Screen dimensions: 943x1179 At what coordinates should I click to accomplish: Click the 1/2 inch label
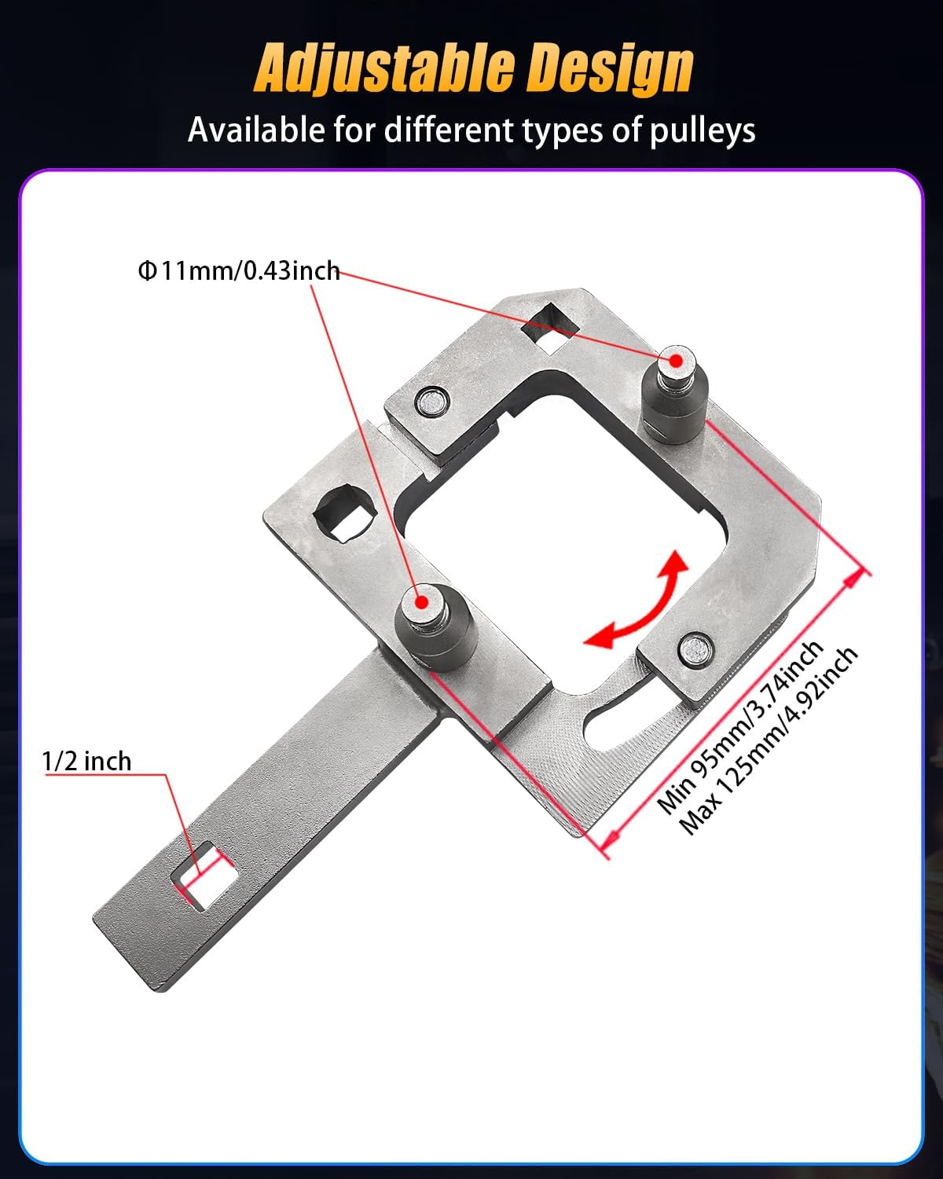point(86,761)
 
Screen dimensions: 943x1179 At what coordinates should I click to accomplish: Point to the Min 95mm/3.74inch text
point(739,727)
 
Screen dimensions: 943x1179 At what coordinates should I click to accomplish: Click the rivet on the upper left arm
point(431,402)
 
